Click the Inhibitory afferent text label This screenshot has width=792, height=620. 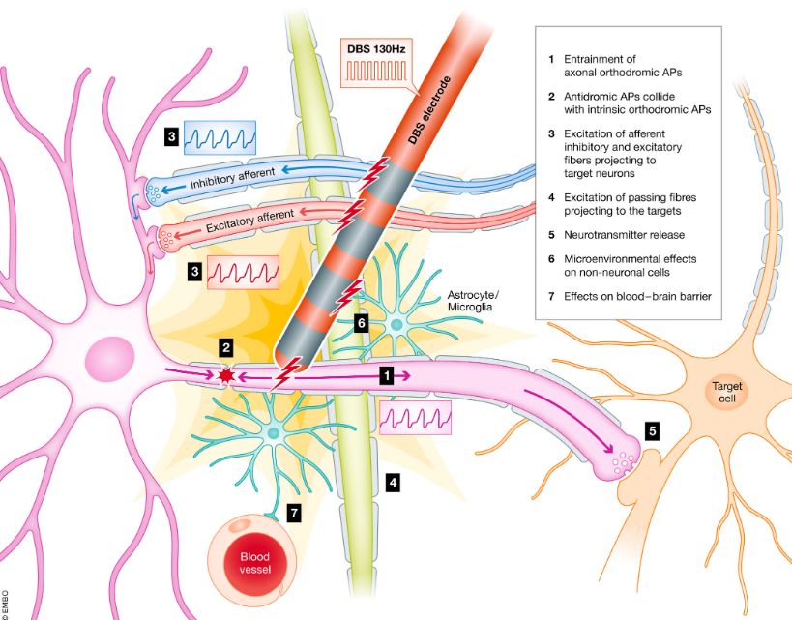[231, 175]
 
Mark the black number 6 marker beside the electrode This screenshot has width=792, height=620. [361, 323]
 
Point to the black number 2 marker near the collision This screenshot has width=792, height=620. [225, 346]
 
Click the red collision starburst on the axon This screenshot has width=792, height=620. [228, 374]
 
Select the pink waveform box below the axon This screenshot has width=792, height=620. [415, 417]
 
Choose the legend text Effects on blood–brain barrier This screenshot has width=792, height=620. [636, 296]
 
